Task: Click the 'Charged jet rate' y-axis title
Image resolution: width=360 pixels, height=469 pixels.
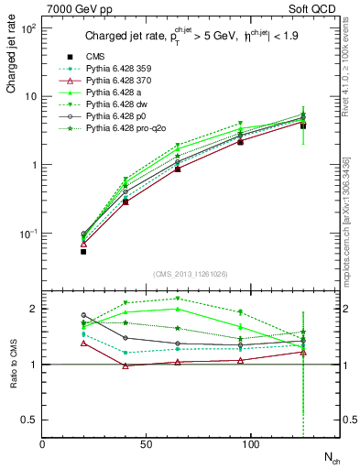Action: click(12, 58)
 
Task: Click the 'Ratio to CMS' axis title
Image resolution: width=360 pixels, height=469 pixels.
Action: click(12, 363)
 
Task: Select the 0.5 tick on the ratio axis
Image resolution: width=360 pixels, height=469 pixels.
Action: click(32, 420)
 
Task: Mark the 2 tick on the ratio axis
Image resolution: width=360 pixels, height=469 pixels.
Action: click(35, 309)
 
